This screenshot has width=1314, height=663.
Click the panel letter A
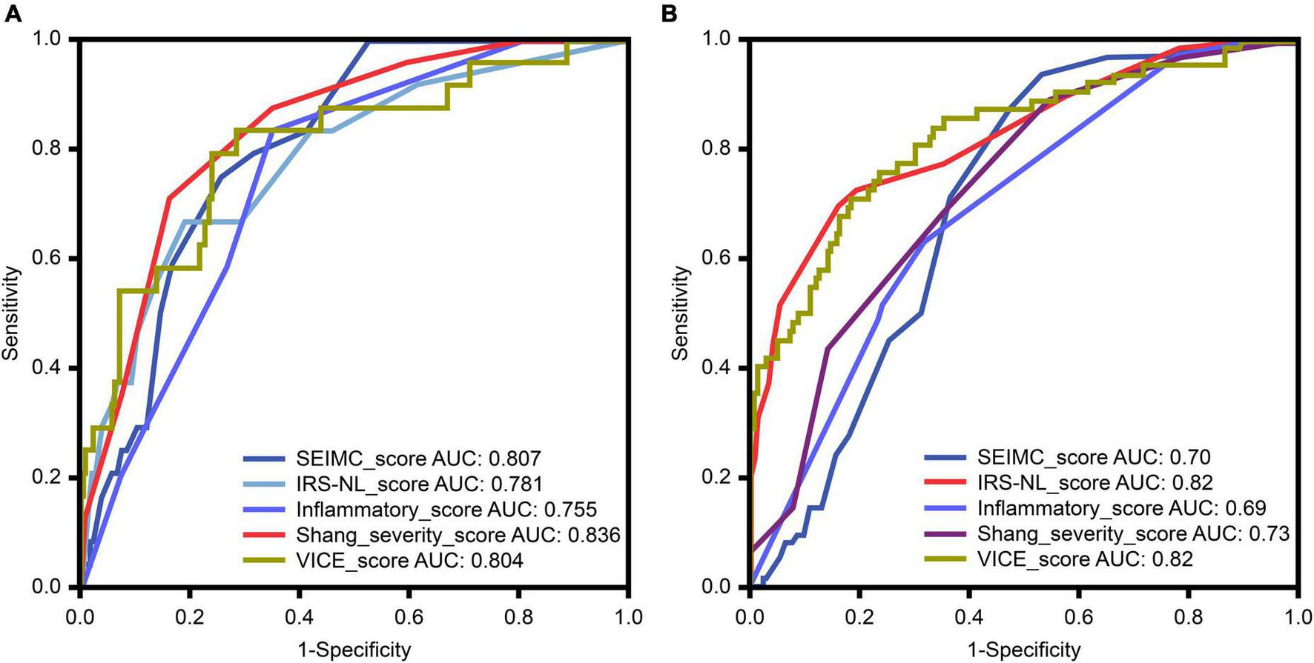[x=12, y=13]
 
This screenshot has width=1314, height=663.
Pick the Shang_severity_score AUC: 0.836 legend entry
[x=458, y=535]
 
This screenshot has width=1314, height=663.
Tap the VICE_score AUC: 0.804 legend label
[x=409, y=561]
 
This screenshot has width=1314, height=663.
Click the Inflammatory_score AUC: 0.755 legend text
[x=446, y=510]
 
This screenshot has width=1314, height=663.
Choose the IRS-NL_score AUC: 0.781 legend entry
[x=419, y=484]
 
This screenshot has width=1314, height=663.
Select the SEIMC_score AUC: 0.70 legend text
[x=1094, y=457]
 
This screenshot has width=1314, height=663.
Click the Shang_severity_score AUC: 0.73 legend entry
[x=1133, y=533]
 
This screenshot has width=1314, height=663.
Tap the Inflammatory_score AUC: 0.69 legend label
[x=1121, y=508]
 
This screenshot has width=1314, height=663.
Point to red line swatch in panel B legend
[x=945, y=482]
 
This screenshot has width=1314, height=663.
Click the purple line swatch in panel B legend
[x=945, y=533]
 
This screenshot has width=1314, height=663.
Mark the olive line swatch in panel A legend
[x=264, y=561]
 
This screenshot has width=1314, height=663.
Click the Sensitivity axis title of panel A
[x=10, y=313]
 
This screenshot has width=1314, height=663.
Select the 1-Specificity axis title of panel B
[x=1024, y=650]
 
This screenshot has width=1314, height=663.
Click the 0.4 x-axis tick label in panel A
[x=299, y=617]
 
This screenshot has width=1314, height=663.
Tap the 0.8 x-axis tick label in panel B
[x=1188, y=617]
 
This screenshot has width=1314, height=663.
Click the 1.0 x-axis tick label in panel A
[x=628, y=617]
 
